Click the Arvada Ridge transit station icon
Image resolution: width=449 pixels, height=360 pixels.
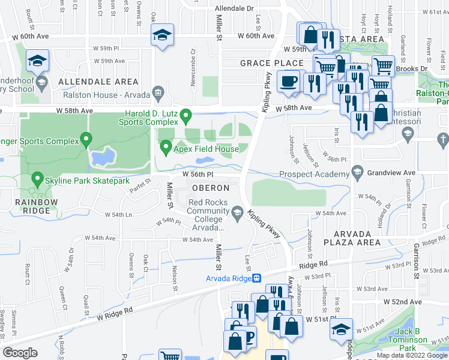tap(257, 278)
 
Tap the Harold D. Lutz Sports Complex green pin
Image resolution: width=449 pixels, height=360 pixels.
tap(186, 114)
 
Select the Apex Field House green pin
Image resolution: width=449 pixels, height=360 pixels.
tap(166, 146)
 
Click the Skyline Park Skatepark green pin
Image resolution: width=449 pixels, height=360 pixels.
tap(37, 179)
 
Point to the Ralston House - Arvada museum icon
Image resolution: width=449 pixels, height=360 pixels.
tap(158, 93)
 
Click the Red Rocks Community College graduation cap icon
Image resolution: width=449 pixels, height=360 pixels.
tap(238, 211)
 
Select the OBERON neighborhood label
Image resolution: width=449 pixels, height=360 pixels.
tap(210, 188)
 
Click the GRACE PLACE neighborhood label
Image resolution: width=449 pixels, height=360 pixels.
tap(264, 63)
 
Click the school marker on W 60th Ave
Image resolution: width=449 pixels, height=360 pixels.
tap(162, 35)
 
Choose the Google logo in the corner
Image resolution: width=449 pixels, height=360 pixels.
tap(20, 352)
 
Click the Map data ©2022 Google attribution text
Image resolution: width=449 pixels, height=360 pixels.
tap(411, 355)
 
